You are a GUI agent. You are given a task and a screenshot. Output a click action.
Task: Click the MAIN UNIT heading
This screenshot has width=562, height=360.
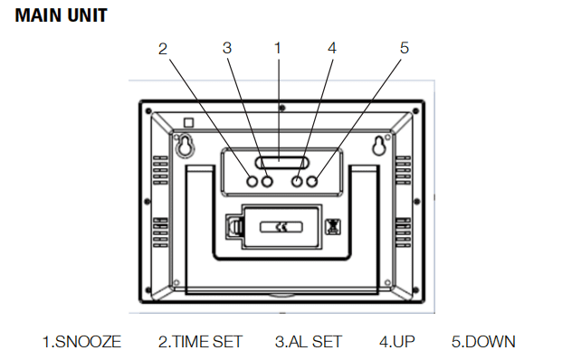61,15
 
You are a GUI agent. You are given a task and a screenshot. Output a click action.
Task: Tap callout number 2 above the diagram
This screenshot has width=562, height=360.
163,49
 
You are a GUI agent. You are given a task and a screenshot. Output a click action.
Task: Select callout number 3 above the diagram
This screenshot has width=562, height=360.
227,48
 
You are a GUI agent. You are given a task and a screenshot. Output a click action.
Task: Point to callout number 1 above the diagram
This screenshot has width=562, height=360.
278,48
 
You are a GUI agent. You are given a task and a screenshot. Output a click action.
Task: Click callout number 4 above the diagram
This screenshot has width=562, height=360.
332,48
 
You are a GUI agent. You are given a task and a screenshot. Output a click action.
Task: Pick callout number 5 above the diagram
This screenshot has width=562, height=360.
405,48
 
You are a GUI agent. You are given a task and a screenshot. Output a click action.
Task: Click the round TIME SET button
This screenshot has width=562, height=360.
252,181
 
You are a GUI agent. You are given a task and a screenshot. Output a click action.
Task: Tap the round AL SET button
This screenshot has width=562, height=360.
267,181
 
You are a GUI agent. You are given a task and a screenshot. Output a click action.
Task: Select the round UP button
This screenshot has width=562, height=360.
297,181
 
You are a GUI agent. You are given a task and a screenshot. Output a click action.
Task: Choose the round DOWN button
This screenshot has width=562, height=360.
312,181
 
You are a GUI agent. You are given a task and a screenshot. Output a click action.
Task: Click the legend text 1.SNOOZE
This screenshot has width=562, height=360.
81,342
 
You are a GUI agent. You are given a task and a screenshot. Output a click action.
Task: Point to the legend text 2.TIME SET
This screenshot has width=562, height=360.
200,342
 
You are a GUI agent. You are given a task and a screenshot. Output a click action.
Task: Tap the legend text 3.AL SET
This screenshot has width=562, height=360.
309,342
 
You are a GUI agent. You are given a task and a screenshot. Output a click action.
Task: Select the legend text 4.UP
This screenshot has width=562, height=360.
397,342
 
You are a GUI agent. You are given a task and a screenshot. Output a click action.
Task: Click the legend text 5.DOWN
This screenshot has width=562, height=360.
483,342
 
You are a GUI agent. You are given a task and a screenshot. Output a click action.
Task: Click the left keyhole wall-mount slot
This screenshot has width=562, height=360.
185,145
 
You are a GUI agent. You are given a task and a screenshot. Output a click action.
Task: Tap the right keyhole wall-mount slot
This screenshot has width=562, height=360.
378,145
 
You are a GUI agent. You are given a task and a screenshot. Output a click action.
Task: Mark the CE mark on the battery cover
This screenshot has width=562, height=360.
281,227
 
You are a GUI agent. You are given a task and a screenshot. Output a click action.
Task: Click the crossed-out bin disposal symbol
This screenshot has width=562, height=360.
333,227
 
